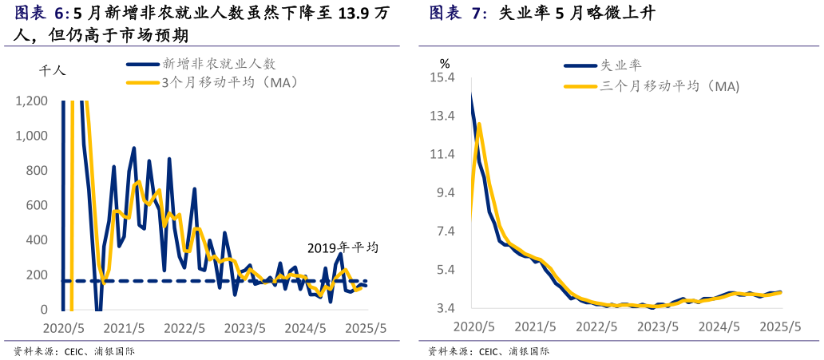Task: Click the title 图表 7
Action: click(x=458, y=14)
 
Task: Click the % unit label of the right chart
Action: click(x=445, y=63)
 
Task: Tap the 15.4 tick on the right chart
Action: click(x=442, y=77)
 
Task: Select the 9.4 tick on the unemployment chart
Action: click(x=445, y=192)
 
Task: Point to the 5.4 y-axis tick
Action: click(x=445, y=270)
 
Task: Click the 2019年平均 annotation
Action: click(x=343, y=247)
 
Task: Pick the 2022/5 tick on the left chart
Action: click(x=185, y=328)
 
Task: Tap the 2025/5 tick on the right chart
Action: click(x=781, y=326)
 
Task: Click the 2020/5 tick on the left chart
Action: click(x=63, y=328)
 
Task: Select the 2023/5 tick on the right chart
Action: click(x=658, y=326)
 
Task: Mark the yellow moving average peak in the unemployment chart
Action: click(x=479, y=124)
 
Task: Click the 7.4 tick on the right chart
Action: click(x=445, y=231)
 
